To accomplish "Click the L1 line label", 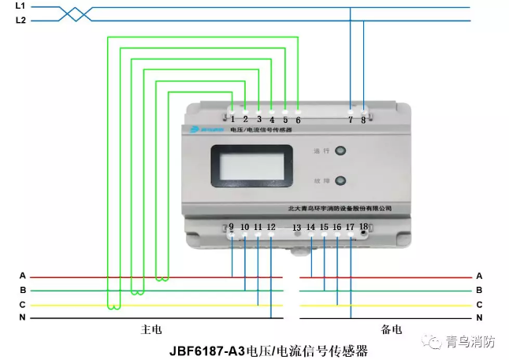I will point(20,6).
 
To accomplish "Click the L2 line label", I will point(20,20).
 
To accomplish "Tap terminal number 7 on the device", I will point(351,120).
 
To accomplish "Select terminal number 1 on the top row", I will point(233,119).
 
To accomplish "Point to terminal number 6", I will point(298,120).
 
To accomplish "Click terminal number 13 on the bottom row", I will point(297,228).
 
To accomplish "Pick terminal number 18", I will point(363,227).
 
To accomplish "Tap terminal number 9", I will point(232,227).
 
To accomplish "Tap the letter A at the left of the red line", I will point(23,276).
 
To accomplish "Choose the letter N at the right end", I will point(479,317).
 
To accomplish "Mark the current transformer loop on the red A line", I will point(162,277).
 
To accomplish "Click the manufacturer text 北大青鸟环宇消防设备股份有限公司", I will point(338,209).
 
